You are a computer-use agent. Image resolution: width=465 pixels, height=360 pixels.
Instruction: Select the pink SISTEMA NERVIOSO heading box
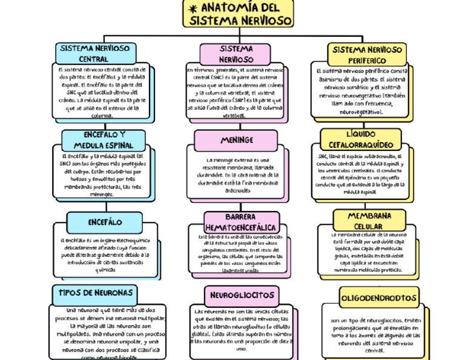click(236, 53)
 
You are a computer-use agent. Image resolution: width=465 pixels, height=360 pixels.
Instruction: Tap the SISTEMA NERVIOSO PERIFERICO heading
click(367, 55)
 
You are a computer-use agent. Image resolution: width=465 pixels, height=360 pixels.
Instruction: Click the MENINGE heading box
click(237, 140)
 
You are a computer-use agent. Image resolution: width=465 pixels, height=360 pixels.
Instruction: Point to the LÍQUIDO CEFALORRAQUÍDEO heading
click(361, 139)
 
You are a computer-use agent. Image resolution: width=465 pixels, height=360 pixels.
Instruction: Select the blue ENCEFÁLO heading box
click(105, 222)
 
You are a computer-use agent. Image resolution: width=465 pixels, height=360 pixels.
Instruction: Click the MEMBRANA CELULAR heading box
click(369, 221)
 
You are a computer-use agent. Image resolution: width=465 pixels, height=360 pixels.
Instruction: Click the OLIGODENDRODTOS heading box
click(378, 298)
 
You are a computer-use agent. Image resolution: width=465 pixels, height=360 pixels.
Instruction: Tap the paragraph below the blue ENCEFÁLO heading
click(104, 255)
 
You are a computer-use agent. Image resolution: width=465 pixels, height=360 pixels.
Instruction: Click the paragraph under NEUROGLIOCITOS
click(241, 330)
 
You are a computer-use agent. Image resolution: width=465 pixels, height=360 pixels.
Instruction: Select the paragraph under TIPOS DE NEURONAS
click(104, 333)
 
